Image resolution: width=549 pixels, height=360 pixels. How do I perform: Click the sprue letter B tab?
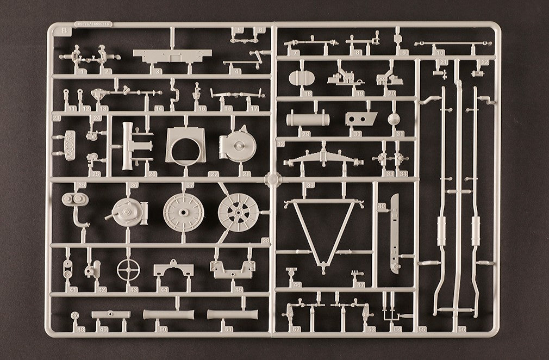pos(65,30)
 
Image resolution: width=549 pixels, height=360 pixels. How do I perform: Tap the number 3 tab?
pos(157,71)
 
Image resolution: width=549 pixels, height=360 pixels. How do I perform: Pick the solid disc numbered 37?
pos(183,209)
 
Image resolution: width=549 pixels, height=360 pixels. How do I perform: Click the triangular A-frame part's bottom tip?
pos(322,266)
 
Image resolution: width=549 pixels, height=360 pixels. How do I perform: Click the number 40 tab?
pos(381,207)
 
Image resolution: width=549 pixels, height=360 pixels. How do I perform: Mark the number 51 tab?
pos(229,328)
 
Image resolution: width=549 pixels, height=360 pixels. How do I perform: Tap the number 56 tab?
pos(462,328)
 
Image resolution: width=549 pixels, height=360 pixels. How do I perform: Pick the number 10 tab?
pos(439,52)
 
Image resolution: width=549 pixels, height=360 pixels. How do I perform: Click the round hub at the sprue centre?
pos(273,179)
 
